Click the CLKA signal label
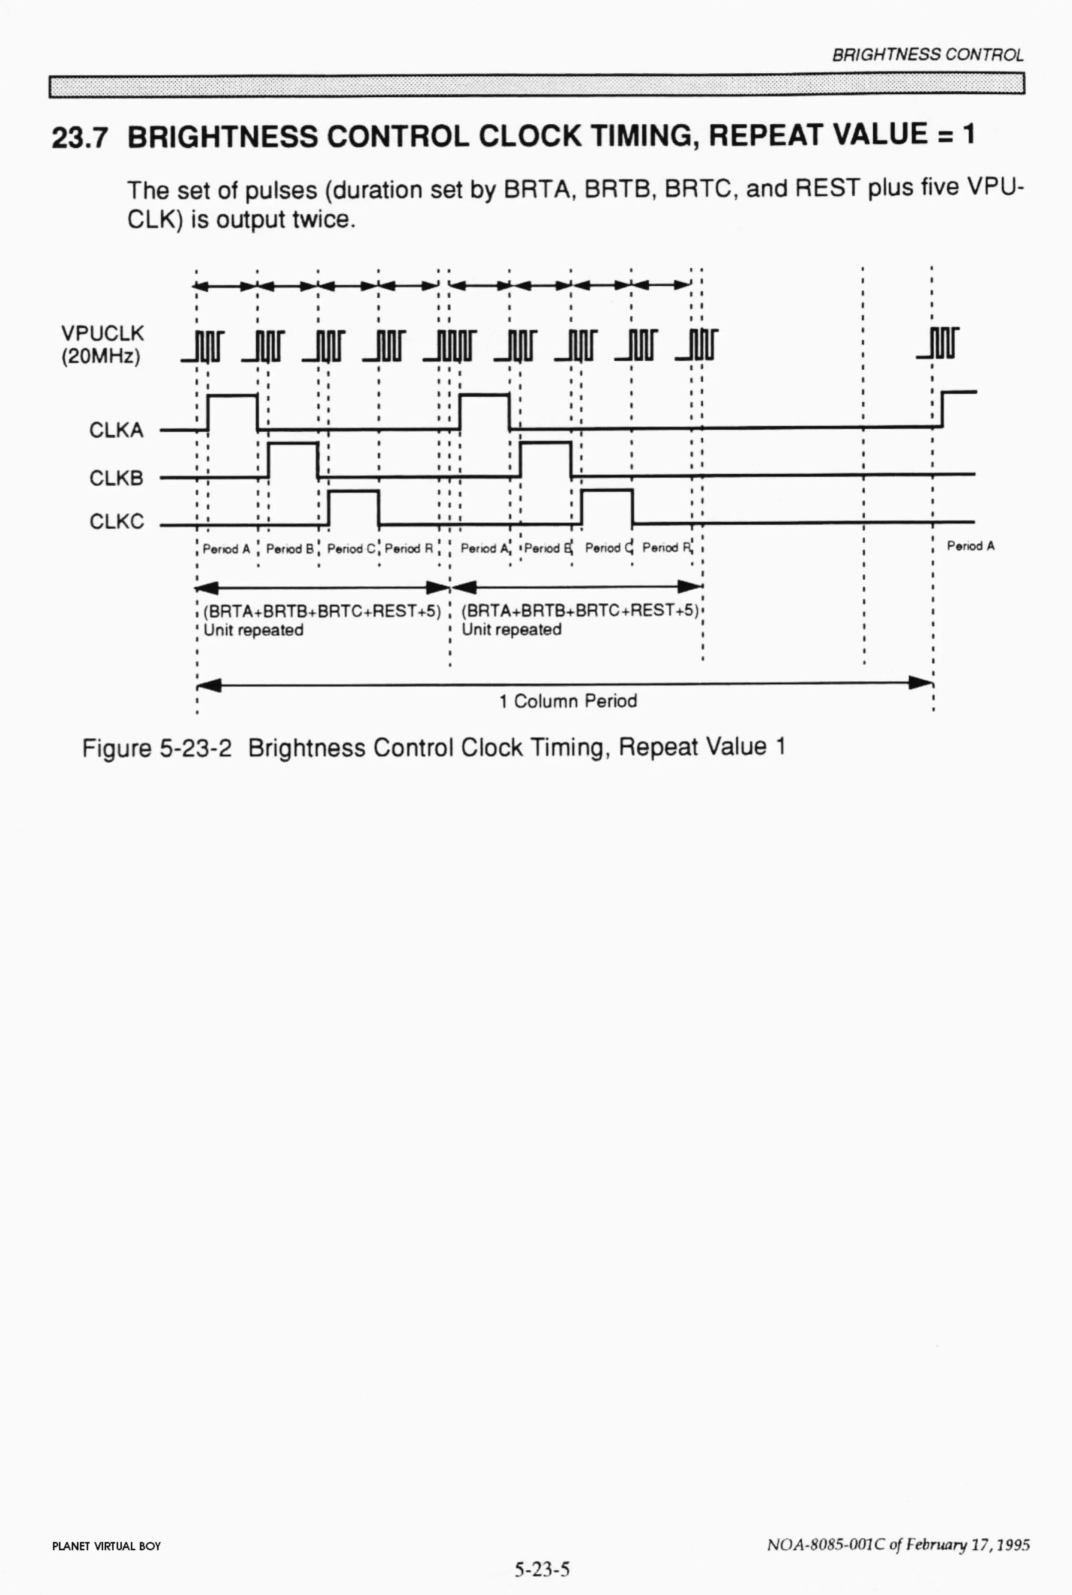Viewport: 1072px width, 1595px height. pos(116,430)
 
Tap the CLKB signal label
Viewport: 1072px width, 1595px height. pos(116,478)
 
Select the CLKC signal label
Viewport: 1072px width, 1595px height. pos(116,522)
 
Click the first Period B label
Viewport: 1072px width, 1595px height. pos(290,549)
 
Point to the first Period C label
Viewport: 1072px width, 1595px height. pos(351,549)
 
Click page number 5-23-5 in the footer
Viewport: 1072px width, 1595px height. pos(542,1569)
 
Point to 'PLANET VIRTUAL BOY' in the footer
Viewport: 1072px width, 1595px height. pos(106,1546)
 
